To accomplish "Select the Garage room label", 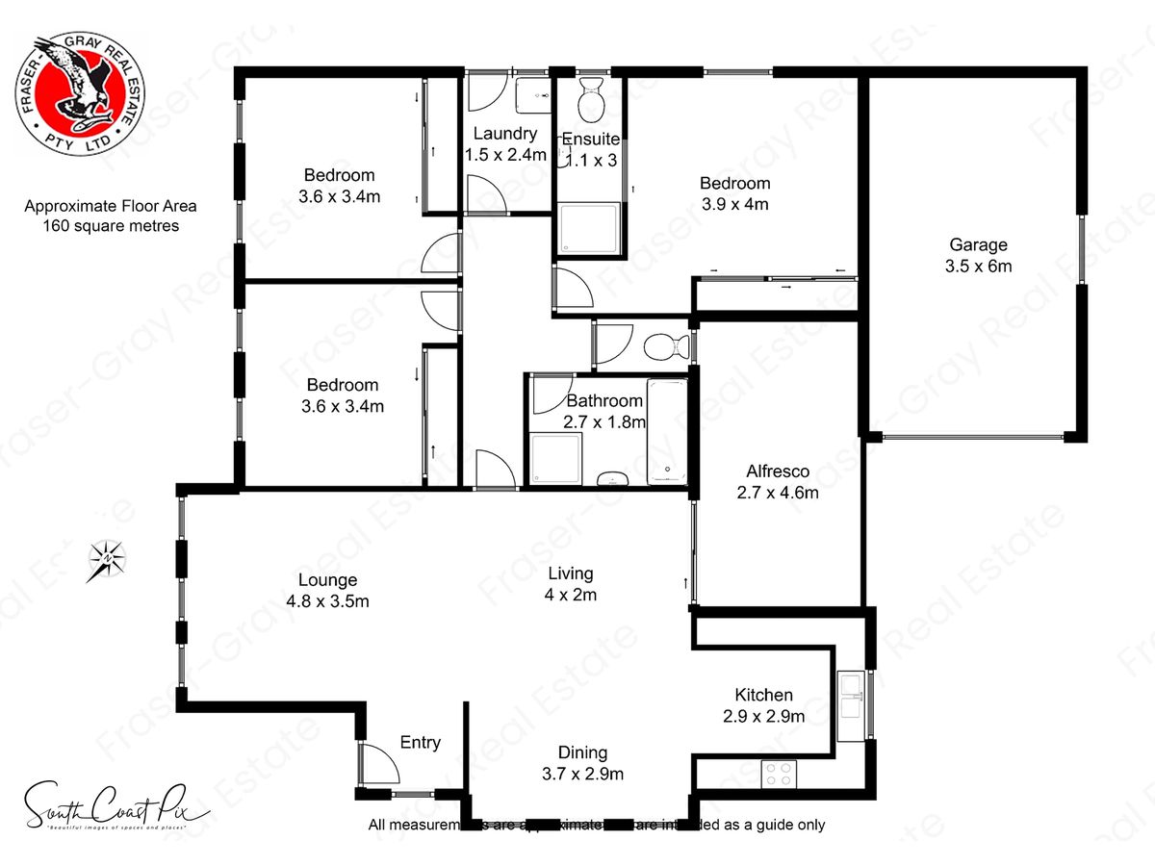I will pyautogui.click(x=979, y=244).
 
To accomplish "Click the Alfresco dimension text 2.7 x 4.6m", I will pyautogui.click(x=777, y=493).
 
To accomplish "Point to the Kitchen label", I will pyautogui.click(x=764, y=695).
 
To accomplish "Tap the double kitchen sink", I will pyautogui.click(x=851, y=696).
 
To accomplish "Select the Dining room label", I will pyautogui.click(x=583, y=752).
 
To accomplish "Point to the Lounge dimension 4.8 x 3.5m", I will pyautogui.click(x=328, y=601).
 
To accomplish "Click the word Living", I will pyautogui.click(x=571, y=573).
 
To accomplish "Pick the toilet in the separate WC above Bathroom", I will pyautogui.click(x=665, y=344).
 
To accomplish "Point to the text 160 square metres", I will pyautogui.click(x=111, y=226).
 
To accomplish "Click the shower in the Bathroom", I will pyautogui.click(x=554, y=460).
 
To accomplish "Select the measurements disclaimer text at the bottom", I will pyautogui.click(x=597, y=825).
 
